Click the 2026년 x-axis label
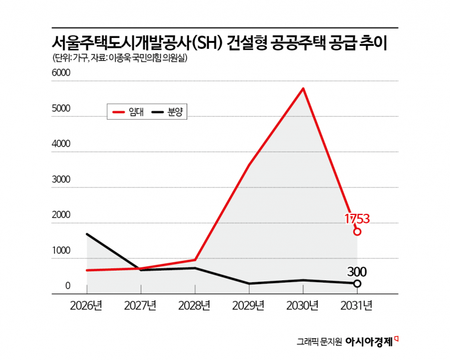pos(86,305)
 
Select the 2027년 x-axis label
pos(141,305)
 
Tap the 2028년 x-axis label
pos(194,305)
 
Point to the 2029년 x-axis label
pos(249,305)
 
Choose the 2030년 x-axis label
pos(303,305)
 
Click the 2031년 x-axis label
pos(357,305)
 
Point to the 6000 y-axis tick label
pos(61,73)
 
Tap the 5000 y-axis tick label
pos(61,109)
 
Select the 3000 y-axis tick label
pos(61,179)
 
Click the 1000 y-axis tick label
pos(61,251)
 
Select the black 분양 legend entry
pos(167,111)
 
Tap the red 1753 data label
pos(356,218)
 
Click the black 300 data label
pos(357,271)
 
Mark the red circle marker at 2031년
pos(357,231)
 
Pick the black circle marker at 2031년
pos(357,283)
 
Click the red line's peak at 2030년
pos(303,89)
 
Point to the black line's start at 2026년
pos(87,234)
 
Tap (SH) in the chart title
pos(208,43)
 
